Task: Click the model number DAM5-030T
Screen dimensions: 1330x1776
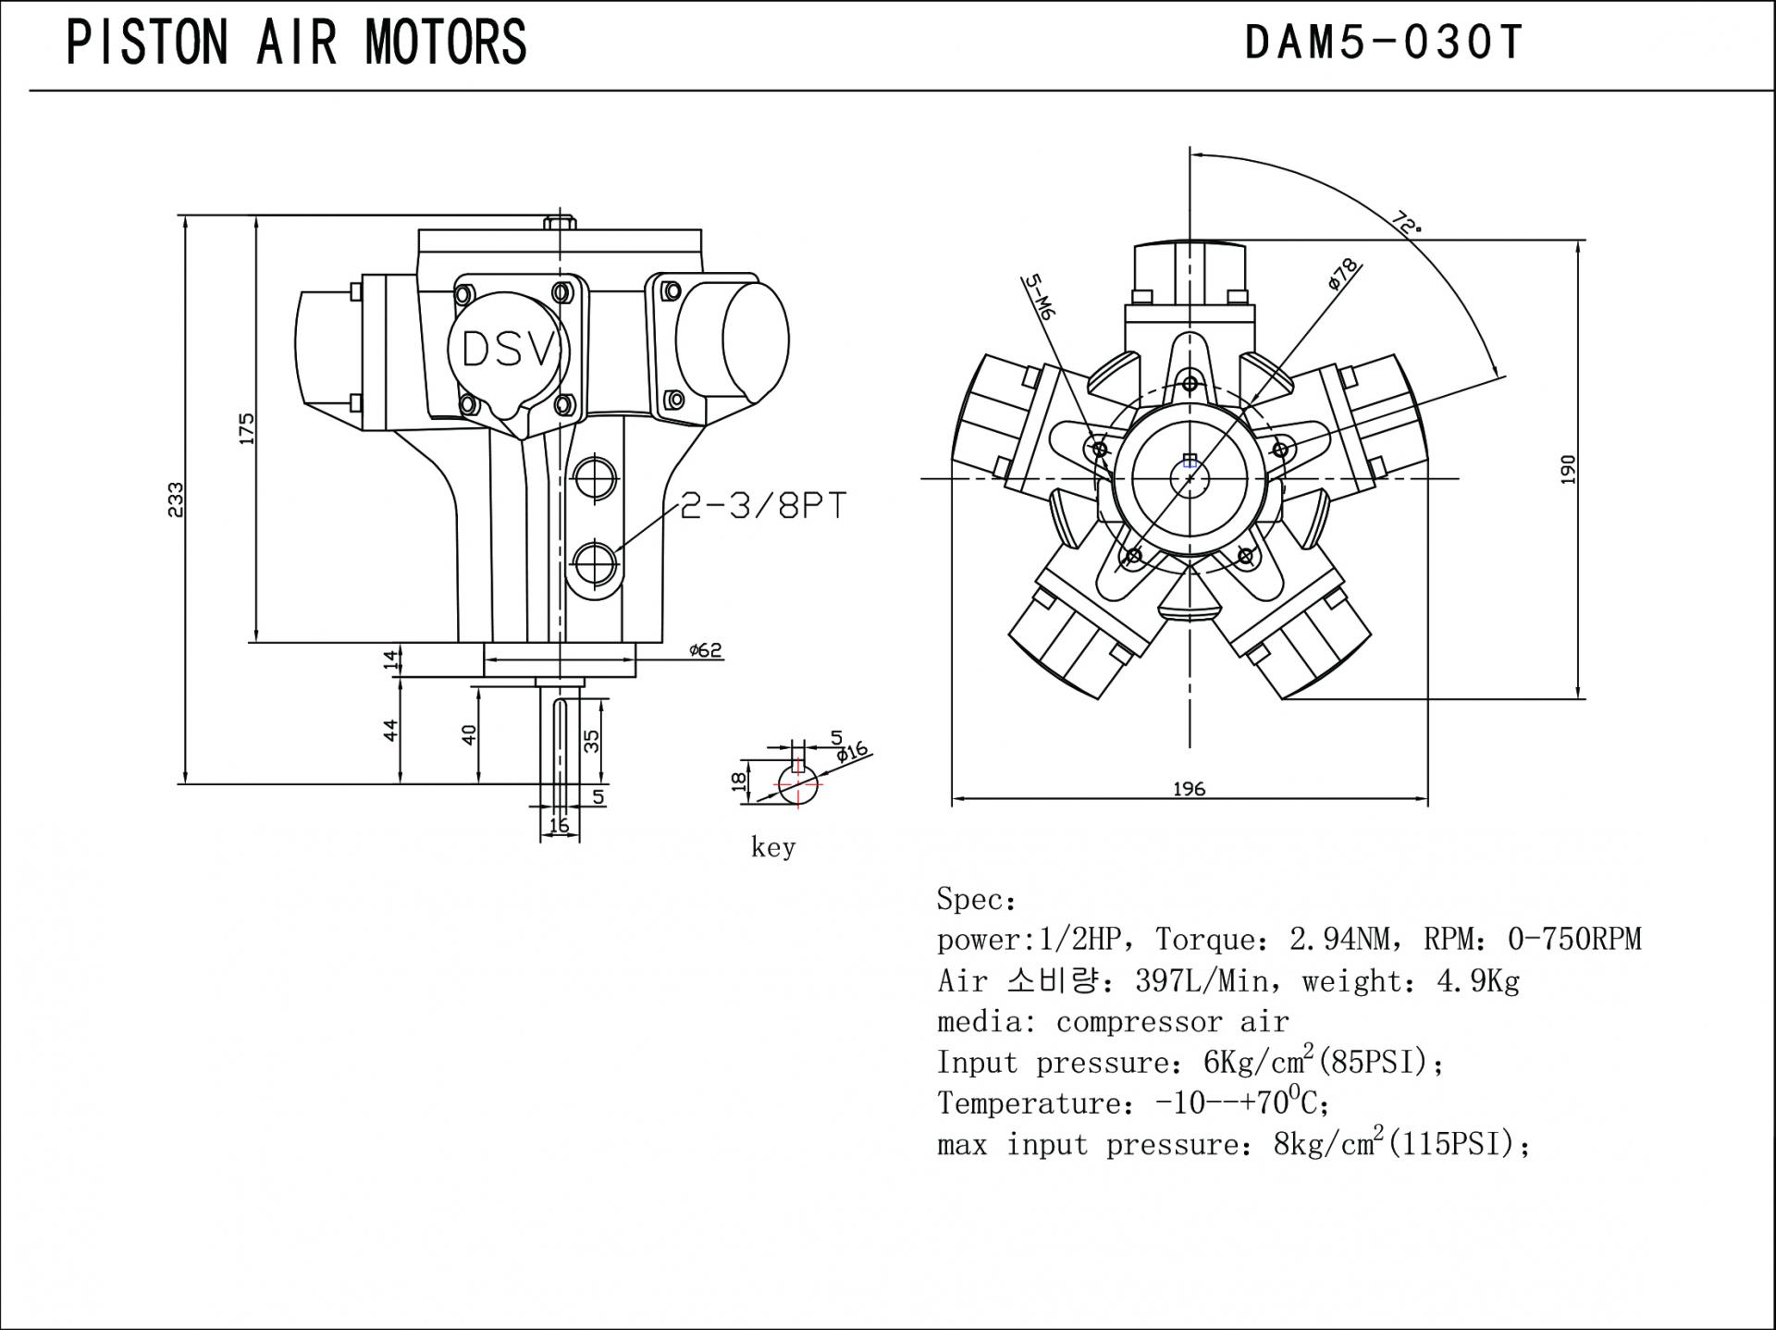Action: tap(1383, 43)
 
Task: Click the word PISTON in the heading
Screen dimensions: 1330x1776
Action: tap(147, 43)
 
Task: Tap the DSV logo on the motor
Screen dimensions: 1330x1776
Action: tap(509, 350)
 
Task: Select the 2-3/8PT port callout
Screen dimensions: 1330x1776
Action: tap(763, 506)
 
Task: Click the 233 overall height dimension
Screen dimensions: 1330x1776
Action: tap(176, 499)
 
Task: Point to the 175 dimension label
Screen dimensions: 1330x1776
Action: tap(247, 428)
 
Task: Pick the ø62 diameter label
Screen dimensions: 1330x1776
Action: tap(705, 650)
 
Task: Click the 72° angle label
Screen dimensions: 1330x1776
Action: tap(1407, 223)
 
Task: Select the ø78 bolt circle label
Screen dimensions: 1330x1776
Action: tap(1343, 274)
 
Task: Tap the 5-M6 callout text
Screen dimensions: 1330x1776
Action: tap(1040, 297)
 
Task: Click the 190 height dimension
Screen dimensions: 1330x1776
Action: tap(1567, 469)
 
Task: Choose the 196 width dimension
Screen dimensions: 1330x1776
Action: tap(1189, 789)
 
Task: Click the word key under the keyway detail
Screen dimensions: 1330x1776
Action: tap(773, 847)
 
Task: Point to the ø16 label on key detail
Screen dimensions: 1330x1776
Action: tap(852, 752)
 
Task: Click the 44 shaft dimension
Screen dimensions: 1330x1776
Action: tap(391, 730)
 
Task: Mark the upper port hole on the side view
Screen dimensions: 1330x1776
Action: tap(595, 478)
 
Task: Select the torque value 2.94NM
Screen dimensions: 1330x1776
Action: tap(1338, 940)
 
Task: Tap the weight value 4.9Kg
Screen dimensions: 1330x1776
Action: tap(1477, 980)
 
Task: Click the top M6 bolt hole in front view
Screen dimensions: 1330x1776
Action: tap(1190, 383)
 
